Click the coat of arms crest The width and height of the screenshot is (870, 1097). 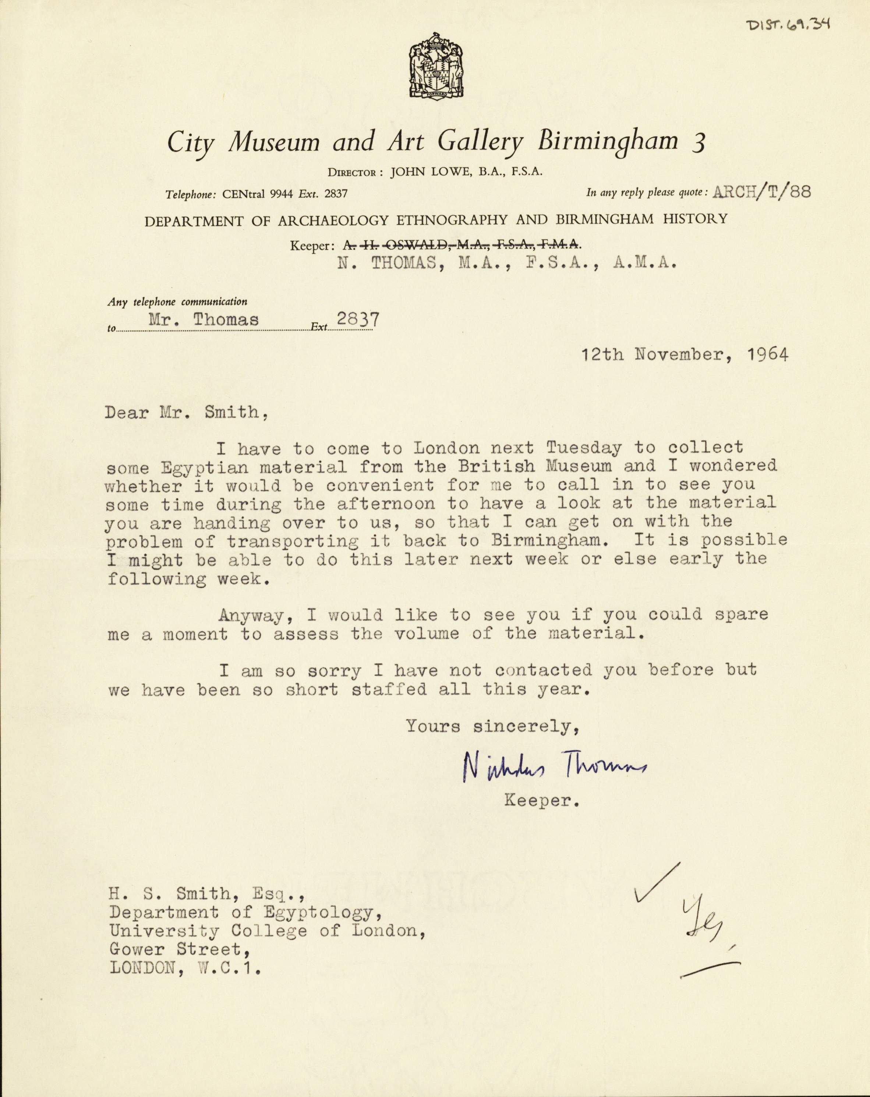pyautogui.click(x=436, y=65)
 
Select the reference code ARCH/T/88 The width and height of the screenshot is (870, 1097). pyautogui.click(x=762, y=192)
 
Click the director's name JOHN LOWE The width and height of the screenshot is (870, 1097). pyautogui.click(x=431, y=172)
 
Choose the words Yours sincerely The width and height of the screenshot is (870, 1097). pyautogui.click(x=492, y=726)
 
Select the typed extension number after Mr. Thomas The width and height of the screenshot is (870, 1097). pyautogui.click(x=358, y=319)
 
